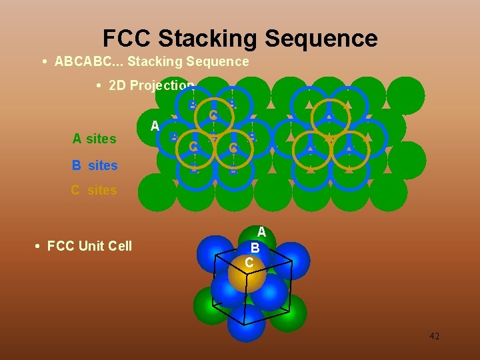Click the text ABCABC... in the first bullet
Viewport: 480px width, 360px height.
pyautogui.click(x=89, y=62)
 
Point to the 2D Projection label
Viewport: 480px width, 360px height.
pyautogui.click(x=151, y=85)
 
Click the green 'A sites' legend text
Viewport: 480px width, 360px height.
pyautogui.click(x=94, y=139)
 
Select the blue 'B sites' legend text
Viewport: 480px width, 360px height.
pyautogui.click(x=94, y=165)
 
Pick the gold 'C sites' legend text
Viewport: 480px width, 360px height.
pyautogui.click(x=94, y=190)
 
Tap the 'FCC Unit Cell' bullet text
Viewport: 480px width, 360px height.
pyautogui.click(x=89, y=246)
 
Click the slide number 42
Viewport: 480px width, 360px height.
pyautogui.click(x=434, y=336)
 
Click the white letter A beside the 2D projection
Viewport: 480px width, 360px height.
pyautogui.click(x=155, y=126)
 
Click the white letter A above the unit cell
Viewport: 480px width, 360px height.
pyautogui.click(x=262, y=232)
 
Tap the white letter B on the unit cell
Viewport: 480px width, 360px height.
pyautogui.click(x=255, y=247)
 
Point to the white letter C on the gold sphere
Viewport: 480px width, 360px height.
pyautogui.click(x=249, y=263)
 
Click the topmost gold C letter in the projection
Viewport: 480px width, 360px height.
pyautogui.click(x=213, y=115)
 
